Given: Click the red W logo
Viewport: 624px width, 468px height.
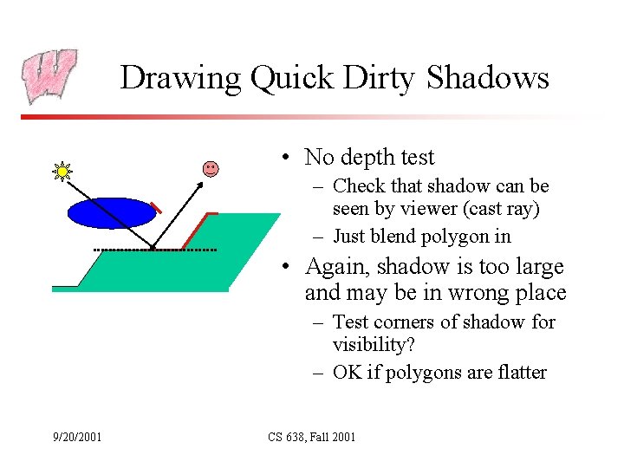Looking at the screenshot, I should [x=50, y=75].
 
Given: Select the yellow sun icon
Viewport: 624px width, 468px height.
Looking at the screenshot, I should [x=62, y=172].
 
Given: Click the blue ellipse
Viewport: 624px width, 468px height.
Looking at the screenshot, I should [x=111, y=213].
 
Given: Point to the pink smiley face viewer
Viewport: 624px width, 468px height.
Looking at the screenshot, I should [x=211, y=168].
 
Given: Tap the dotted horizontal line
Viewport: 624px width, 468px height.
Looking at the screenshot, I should [x=155, y=250].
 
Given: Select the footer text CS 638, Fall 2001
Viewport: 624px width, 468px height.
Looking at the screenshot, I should [x=311, y=437].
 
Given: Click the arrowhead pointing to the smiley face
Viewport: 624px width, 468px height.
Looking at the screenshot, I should [x=202, y=179].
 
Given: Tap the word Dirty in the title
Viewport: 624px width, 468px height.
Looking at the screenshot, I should [x=380, y=78].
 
